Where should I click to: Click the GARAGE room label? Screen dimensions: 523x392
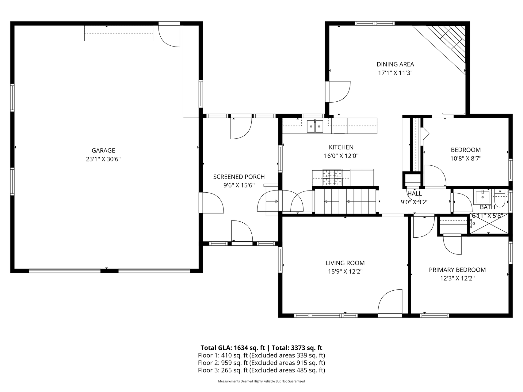pyautogui.click(x=103, y=150)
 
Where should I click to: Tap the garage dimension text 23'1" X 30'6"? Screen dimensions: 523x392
pyautogui.click(x=103, y=159)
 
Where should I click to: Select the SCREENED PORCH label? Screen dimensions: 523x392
pyautogui.click(x=239, y=177)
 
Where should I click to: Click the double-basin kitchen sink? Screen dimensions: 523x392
pyautogui.click(x=315, y=126)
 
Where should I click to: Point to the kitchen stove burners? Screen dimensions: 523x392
pyautogui.click(x=332, y=178)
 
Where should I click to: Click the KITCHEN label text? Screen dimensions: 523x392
pyautogui.click(x=341, y=147)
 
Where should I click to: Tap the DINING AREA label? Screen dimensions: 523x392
pyautogui.click(x=395, y=64)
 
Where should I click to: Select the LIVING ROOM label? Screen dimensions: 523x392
pyautogui.click(x=345, y=263)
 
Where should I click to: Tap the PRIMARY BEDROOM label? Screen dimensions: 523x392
pyautogui.click(x=457, y=270)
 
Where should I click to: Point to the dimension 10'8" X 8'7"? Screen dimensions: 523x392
pyautogui.click(x=466, y=158)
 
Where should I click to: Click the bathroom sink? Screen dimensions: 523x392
pyautogui.click(x=482, y=197)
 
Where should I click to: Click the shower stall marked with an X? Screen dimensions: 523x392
pyautogui.click(x=489, y=224)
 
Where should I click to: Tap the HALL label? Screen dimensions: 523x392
pyautogui.click(x=414, y=194)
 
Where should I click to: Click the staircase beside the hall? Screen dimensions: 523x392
pyautogui.click(x=346, y=201)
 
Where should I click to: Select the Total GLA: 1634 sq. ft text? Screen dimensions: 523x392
pyautogui.click(x=233, y=348)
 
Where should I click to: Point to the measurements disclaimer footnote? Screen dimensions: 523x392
pyautogui.click(x=261, y=381)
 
